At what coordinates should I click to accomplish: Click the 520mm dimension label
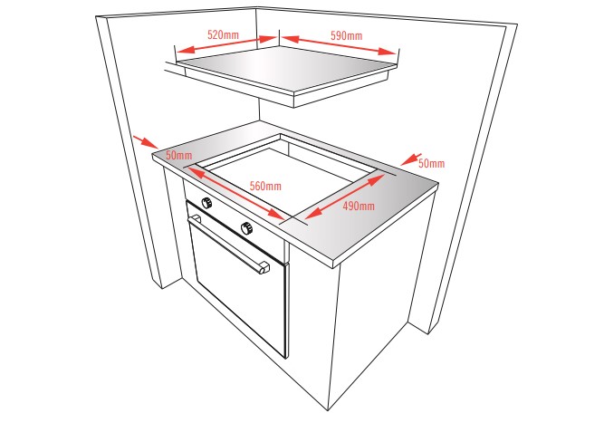coord(223,34)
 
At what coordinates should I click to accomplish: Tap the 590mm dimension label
coord(346,36)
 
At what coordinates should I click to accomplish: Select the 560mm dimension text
coord(265,186)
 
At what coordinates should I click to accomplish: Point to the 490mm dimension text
coord(359,207)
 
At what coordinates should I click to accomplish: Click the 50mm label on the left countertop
coord(178,156)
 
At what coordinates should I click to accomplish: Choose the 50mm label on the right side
coord(431,163)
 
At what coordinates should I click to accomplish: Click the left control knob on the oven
coord(206,203)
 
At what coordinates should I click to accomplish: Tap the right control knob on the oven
coord(246,228)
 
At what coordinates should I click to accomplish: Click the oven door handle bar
coord(229,245)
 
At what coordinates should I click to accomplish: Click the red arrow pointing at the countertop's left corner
coord(145,141)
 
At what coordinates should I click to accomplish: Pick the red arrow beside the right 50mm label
coord(410,159)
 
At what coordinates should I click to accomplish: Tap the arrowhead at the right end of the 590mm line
coord(388,52)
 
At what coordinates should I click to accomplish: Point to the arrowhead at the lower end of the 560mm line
coord(276,214)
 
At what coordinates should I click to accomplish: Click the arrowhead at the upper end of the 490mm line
coord(377,179)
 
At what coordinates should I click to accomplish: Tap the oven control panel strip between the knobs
coord(227,215)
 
